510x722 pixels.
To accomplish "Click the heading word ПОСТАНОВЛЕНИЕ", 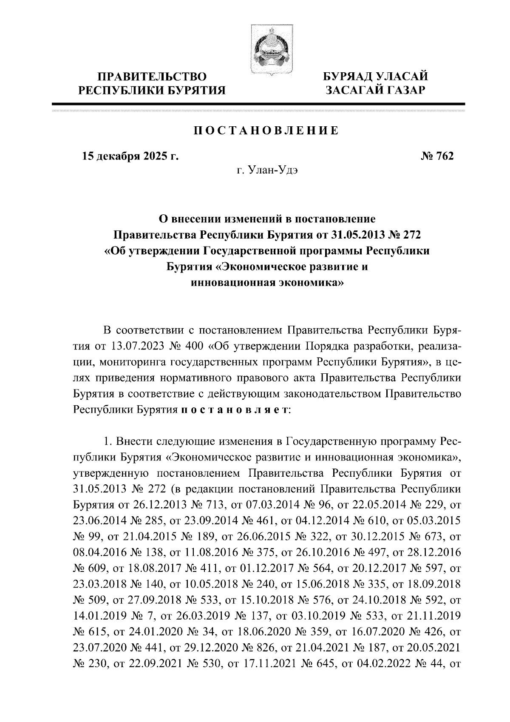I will click(x=266, y=131).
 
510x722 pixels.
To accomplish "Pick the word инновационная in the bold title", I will click(x=232, y=282).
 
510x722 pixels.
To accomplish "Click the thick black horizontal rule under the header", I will click(x=258, y=103).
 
